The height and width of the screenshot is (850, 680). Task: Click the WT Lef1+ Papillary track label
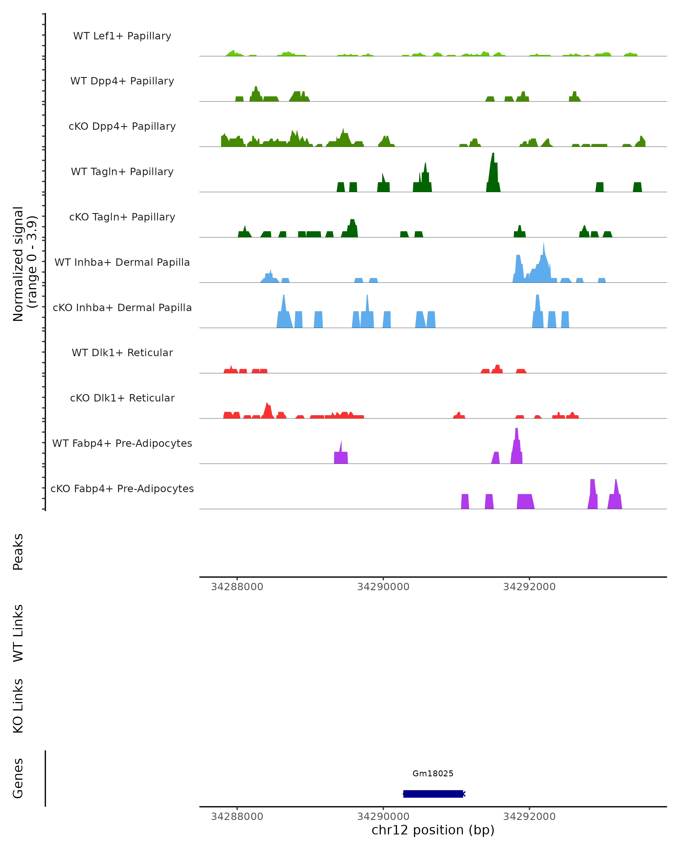[122, 36]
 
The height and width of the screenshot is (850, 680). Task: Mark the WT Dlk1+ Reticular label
[122, 352]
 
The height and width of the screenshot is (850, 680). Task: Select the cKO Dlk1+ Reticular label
[122, 398]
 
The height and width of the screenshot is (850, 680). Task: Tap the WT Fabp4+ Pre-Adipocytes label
[122, 443]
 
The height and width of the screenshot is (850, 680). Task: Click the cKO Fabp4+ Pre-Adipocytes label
[122, 488]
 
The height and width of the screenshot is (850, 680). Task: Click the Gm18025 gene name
[433, 773]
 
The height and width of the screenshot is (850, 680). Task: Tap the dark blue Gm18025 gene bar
[433, 794]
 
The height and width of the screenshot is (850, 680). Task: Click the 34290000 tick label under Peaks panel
[383, 587]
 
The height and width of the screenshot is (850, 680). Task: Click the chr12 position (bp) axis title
[433, 830]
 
